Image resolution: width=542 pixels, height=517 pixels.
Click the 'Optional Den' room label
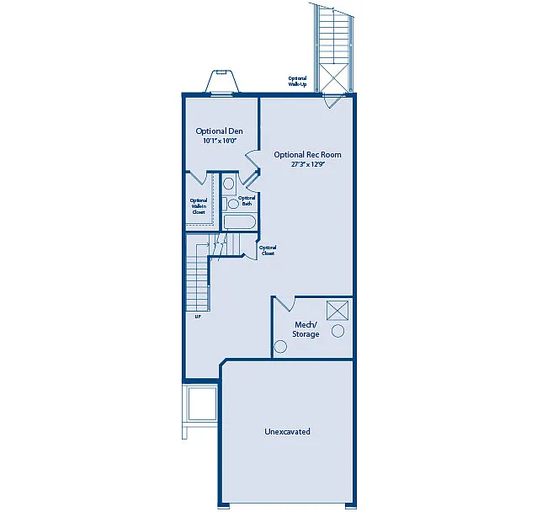click(x=219, y=131)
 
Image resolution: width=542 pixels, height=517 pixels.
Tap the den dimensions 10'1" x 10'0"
click(x=219, y=141)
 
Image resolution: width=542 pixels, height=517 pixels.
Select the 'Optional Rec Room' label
click(x=307, y=154)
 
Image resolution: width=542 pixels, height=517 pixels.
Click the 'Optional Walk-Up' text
click(x=297, y=82)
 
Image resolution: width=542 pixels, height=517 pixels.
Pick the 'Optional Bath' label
click(x=247, y=200)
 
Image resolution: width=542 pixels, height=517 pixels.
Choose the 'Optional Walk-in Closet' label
click(x=199, y=206)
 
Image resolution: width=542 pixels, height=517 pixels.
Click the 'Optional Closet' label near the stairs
click(x=268, y=250)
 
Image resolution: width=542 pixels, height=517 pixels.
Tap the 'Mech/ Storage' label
click(x=306, y=329)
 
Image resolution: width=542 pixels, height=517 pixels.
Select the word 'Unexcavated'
click(x=287, y=431)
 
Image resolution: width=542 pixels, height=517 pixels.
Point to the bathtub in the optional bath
click(x=239, y=222)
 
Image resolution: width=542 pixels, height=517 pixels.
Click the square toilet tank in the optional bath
click(x=228, y=183)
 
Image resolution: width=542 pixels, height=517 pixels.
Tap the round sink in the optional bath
click(x=233, y=204)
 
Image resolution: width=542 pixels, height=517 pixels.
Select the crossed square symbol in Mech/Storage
click(x=337, y=310)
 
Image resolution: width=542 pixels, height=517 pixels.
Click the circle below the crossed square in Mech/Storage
click(x=337, y=331)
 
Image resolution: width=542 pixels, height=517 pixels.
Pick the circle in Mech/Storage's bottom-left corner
click(x=280, y=345)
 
